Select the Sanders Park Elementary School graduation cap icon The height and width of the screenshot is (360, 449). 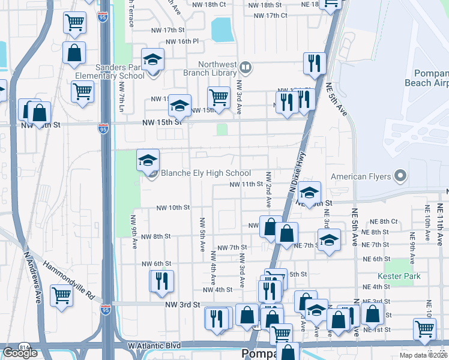point(153,59)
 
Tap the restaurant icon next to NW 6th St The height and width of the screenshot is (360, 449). point(161,281)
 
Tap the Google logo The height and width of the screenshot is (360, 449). point(20,353)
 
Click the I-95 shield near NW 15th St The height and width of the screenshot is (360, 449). point(103,128)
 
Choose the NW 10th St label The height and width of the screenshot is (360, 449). point(173,208)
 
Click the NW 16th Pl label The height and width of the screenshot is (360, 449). point(184,41)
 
